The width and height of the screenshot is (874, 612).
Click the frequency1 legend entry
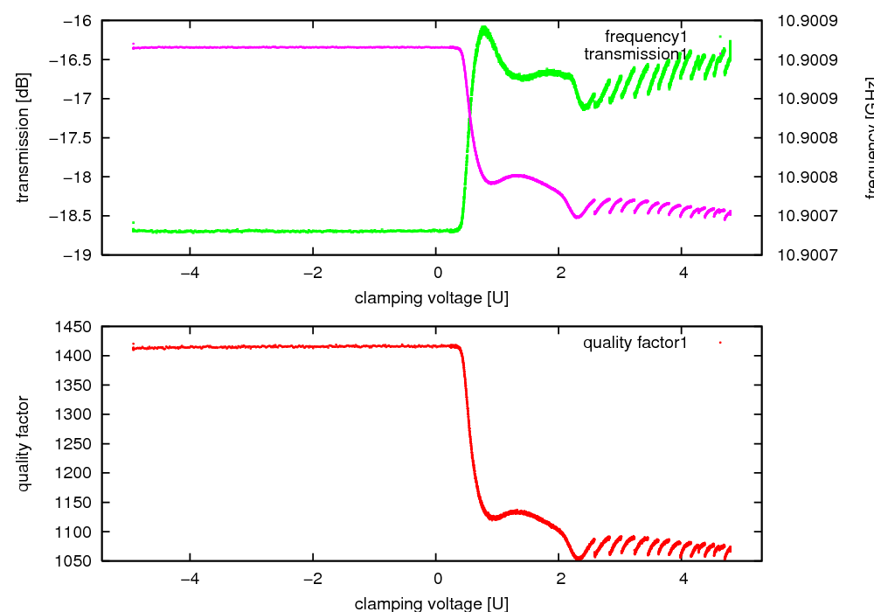(x=646, y=37)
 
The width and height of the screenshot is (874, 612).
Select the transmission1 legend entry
(x=635, y=54)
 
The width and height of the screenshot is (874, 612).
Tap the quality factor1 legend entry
(x=635, y=343)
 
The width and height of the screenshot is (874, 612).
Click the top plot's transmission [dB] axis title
(x=24, y=137)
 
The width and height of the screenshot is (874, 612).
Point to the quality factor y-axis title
(x=24, y=443)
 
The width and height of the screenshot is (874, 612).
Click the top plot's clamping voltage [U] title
(x=432, y=298)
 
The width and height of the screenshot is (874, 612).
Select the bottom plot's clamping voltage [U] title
(x=432, y=603)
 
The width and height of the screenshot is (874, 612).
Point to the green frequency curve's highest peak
(x=483, y=29)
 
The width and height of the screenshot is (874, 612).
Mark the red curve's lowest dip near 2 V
(x=578, y=557)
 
